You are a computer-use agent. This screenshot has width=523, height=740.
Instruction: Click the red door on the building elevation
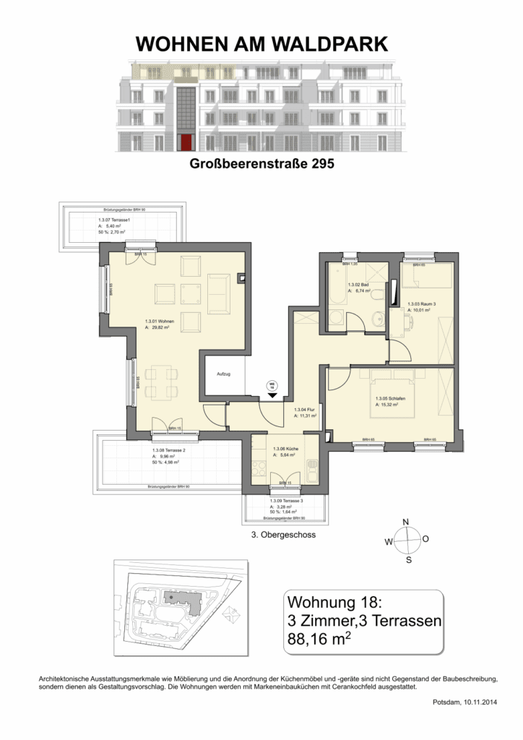186,142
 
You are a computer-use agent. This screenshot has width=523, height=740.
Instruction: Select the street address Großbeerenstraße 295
261,164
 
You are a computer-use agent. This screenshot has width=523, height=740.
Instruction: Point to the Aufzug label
222,374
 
